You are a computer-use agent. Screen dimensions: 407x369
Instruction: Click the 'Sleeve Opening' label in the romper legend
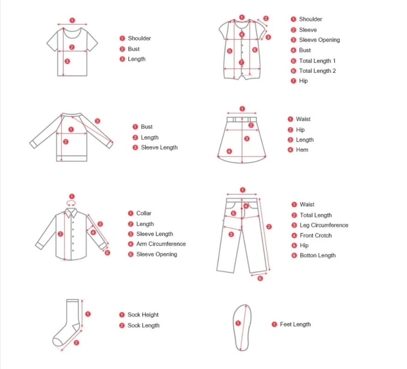click(319, 40)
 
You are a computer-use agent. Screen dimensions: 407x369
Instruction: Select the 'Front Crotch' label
click(315, 235)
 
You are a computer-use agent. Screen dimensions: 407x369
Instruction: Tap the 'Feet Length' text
click(295, 324)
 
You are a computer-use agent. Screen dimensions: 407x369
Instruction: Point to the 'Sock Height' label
click(143, 315)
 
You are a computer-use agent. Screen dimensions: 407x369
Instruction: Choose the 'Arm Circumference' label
click(161, 244)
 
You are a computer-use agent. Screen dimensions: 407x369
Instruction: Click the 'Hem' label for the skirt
click(302, 150)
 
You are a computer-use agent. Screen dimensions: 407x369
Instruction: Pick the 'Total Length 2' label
click(317, 71)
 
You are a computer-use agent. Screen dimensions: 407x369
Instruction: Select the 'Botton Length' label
click(318, 256)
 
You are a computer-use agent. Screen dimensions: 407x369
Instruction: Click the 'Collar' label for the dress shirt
click(143, 214)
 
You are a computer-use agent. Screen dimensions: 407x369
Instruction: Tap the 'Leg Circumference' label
click(324, 225)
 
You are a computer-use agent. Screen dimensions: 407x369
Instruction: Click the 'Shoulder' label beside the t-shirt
click(139, 38)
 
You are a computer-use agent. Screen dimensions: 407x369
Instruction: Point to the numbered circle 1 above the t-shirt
click(72, 20)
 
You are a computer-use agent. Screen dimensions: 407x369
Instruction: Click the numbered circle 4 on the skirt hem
click(229, 151)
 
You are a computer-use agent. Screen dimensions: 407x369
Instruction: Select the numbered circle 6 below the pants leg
click(260, 278)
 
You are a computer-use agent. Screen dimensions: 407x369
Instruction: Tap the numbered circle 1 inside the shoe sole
click(238, 323)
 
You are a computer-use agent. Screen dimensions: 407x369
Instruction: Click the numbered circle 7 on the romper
click(241, 62)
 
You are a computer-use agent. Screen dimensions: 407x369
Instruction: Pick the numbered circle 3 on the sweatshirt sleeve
click(97, 121)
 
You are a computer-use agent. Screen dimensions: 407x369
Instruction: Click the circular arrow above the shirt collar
click(71, 203)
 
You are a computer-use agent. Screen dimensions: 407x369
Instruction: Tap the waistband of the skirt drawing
click(242, 119)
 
